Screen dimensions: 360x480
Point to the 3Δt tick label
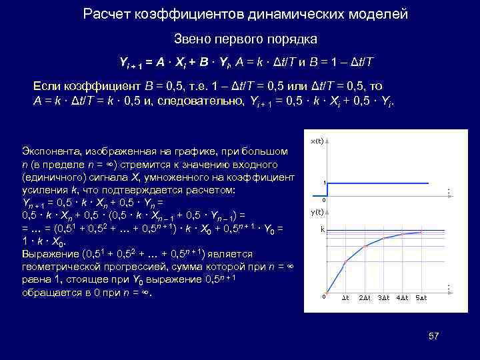coord(384,297)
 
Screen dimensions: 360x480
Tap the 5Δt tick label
coord(421,297)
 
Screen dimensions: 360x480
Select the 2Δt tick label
coord(365,297)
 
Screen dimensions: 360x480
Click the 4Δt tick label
coord(403,297)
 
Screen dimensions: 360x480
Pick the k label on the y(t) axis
coord(322,229)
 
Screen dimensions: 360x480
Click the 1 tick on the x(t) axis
coord(324,183)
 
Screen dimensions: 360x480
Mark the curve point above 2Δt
coord(365,246)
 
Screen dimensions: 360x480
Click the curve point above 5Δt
coord(421,232)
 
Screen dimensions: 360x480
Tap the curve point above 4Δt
coord(403,234)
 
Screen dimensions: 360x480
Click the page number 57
coord(433,336)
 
